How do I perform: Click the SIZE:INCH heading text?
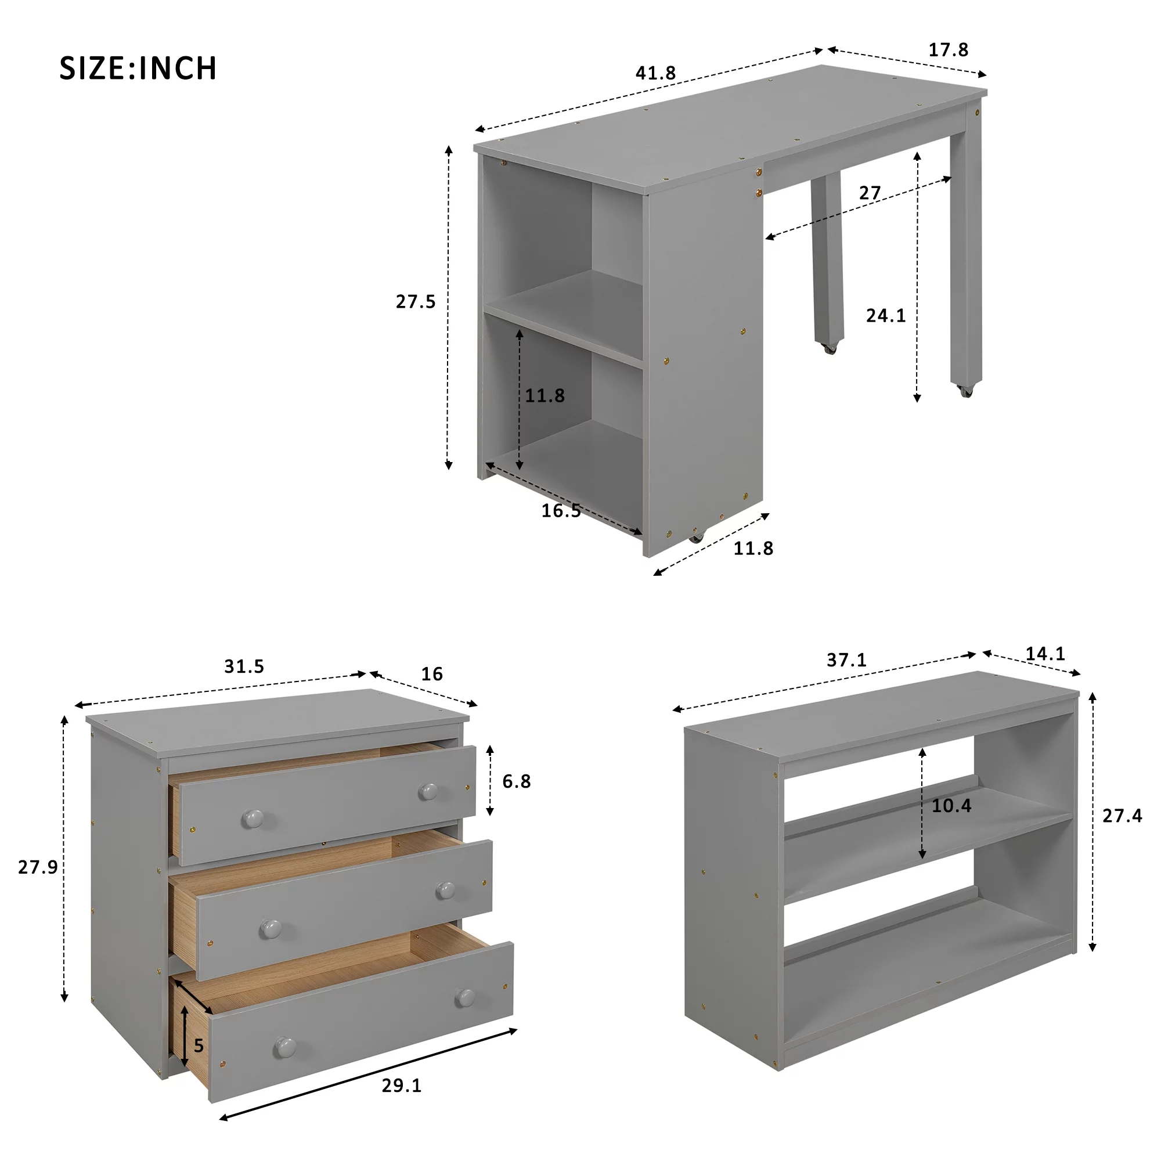click(x=138, y=68)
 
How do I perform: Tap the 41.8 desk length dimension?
click(x=655, y=73)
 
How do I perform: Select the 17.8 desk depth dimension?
click(x=949, y=50)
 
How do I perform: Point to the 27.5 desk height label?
click(x=415, y=301)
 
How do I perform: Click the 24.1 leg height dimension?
click(x=886, y=315)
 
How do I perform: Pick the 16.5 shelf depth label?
click(x=561, y=510)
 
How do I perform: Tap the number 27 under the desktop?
click(x=870, y=193)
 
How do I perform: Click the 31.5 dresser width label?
click(x=244, y=666)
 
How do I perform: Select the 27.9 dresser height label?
click(x=38, y=867)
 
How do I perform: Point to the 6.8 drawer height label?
click(x=517, y=781)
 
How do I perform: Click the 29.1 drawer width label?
click(x=402, y=1086)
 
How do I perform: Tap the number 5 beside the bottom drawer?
click(x=199, y=1046)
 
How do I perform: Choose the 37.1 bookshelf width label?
click(x=847, y=660)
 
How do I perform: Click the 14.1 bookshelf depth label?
click(x=1045, y=654)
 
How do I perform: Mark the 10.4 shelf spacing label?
click(x=951, y=805)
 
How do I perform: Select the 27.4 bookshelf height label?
click(x=1122, y=816)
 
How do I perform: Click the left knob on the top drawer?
click(x=253, y=818)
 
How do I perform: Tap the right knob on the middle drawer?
click(x=445, y=890)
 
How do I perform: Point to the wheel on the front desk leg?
click(x=966, y=391)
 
